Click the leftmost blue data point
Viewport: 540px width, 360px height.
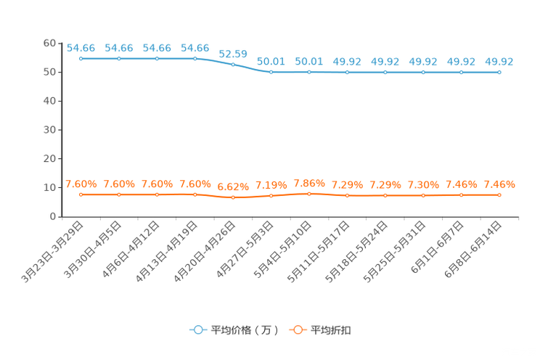[81, 59]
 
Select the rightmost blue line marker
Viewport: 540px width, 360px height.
[499, 72]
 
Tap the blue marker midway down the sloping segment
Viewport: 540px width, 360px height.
[233, 64]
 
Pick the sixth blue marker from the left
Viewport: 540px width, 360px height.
[271, 72]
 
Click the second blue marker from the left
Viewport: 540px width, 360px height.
[119, 59]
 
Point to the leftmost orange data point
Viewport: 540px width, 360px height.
[81, 195]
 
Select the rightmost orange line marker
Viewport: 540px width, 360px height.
[499, 195]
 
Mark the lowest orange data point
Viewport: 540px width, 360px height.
[233, 197]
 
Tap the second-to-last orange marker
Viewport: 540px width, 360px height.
[461, 195]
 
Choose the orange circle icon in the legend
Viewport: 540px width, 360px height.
[298, 330]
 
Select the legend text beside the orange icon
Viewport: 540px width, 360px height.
[332, 330]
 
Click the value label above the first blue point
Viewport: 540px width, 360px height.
[81, 48]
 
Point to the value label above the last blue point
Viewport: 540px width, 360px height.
[499, 62]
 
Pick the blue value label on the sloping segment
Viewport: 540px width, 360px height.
[233, 53]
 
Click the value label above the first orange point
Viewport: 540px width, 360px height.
[81, 184]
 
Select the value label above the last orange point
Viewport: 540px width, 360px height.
[499, 184]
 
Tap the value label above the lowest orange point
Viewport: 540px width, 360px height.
[233, 187]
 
